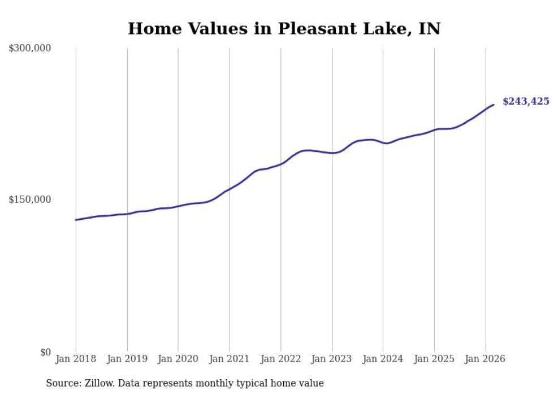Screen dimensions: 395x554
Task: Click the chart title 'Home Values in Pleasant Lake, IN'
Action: pyautogui.click(x=284, y=28)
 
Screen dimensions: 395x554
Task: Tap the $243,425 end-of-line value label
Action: pyautogui.click(x=526, y=102)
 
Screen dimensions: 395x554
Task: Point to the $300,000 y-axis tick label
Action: pyautogui.click(x=30, y=48)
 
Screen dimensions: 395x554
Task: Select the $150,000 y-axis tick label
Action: pyautogui.click(x=30, y=199)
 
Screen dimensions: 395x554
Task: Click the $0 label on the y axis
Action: pyautogui.click(x=45, y=352)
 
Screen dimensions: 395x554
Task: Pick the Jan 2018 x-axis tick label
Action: pyautogui.click(x=76, y=359)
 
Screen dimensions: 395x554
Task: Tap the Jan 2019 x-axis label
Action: pyautogui.click(x=127, y=359)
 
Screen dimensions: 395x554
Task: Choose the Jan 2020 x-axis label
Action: pyautogui.click(x=178, y=359)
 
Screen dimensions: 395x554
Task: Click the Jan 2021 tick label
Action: pyautogui.click(x=230, y=359)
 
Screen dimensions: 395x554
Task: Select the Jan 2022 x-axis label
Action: pyautogui.click(x=280, y=359)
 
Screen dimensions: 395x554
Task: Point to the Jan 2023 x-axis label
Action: pyautogui.click(x=332, y=359)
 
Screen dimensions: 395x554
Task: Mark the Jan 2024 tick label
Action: pyautogui.click(x=383, y=359)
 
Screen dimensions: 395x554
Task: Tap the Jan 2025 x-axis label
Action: pyautogui.click(x=434, y=359)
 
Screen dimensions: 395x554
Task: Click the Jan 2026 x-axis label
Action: pyautogui.click(x=485, y=359)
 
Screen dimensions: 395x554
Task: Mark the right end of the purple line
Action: pyautogui.click(x=494, y=105)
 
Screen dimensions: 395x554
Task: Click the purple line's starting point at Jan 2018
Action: pyautogui.click(x=76, y=220)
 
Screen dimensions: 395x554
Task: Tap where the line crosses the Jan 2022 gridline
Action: pyautogui.click(x=280, y=164)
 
